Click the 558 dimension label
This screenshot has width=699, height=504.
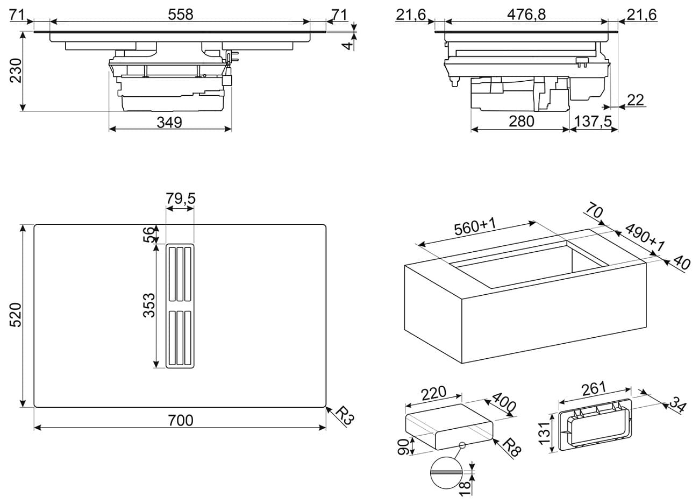[180, 15]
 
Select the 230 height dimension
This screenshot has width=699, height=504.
[15, 70]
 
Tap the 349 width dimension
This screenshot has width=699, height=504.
[170, 123]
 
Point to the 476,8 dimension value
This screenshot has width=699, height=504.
[526, 15]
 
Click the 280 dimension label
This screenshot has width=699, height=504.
[520, 122]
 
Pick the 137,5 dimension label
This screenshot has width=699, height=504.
[593, 122]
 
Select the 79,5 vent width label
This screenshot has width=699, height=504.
[180, 199]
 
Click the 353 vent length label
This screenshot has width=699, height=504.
[148, 305]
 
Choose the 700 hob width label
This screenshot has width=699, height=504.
[180, 420]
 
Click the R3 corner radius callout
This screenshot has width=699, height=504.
[344, 415]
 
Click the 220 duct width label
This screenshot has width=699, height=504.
[434, 393]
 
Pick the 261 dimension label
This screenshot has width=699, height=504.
[594, 388]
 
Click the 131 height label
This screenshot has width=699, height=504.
[545, 433]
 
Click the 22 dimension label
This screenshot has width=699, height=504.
[635, 100]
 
